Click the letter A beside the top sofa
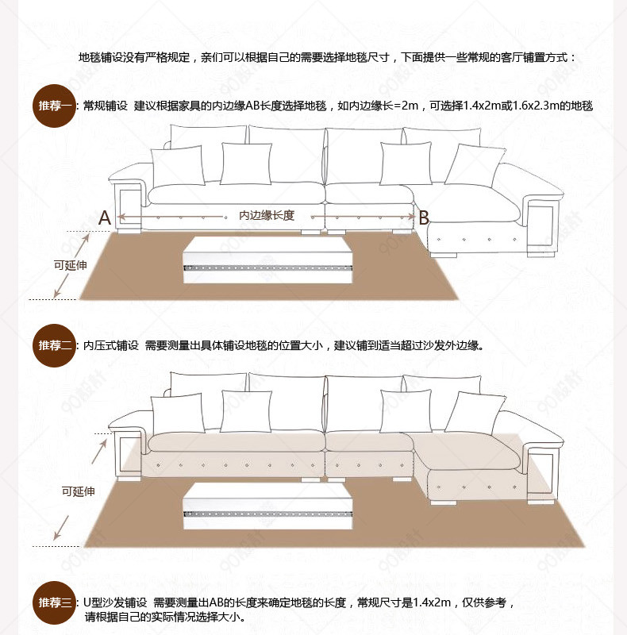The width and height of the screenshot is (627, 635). [x=104, y=217]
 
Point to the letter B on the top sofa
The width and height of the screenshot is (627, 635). [x=424, y=217]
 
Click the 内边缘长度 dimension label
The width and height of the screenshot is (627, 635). [x=267, y=215]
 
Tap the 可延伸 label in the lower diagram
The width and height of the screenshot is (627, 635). [x=79, y=492]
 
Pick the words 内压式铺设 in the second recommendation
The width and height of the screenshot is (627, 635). [x=111, y=345]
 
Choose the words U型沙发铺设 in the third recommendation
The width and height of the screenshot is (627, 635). [x=116, y=602]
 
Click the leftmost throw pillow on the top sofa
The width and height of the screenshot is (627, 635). [x=177, y=165]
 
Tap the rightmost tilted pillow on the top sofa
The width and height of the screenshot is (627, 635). [x=475, y=164]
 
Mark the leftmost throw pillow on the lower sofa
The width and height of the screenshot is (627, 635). [x=177, y=413]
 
